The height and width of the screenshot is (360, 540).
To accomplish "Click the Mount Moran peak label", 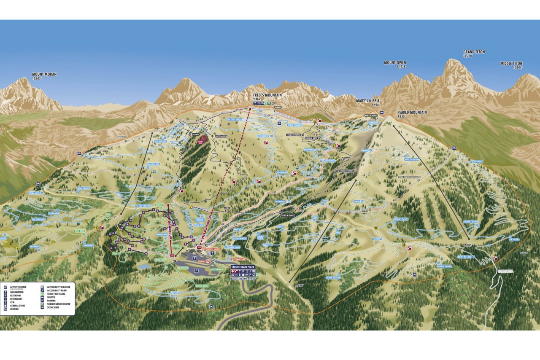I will [x=44, y=74].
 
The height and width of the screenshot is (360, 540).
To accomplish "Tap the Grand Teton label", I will [x=474, y=52].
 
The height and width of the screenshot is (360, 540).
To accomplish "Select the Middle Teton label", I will [x=511, y=64].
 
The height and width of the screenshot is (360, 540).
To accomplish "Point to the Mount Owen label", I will [x=395, y=63].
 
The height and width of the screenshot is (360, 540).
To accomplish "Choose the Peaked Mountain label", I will [x=412, y=113].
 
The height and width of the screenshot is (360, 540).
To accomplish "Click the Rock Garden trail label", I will [x=221, y=136].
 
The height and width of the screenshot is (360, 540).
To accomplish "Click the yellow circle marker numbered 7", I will [x=191, y=207].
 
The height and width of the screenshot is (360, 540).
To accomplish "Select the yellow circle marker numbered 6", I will [x=142, y=287].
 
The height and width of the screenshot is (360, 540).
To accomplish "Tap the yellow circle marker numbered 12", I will [x=404, y=245].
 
